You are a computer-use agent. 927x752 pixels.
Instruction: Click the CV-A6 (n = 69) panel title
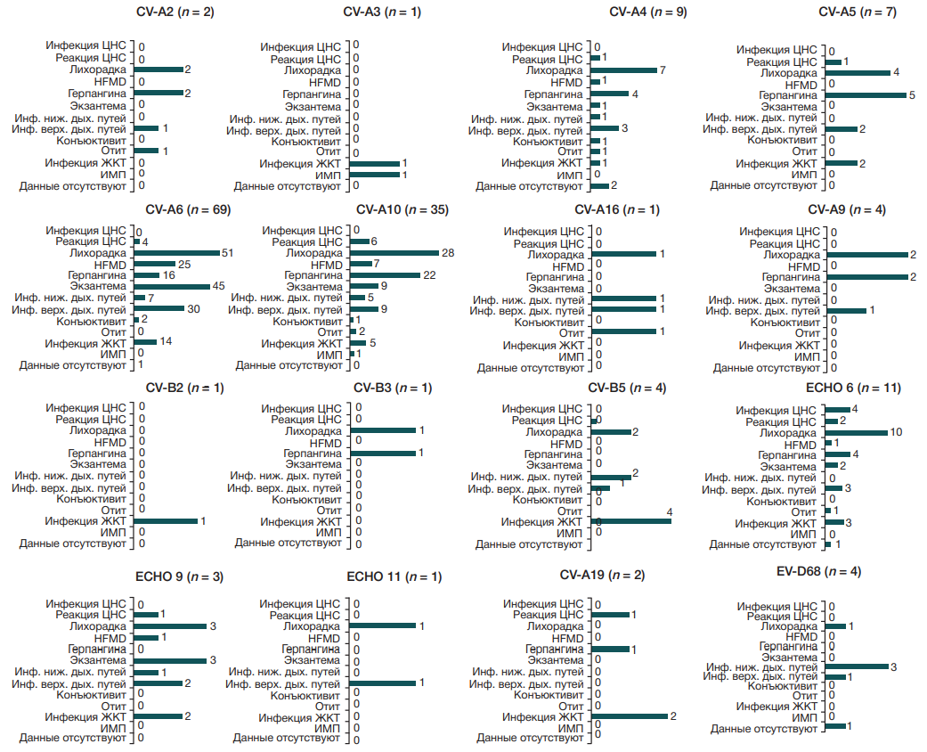click(x=184, y=210)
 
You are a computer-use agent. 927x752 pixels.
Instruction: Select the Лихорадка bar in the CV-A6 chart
click(x=176, y=253)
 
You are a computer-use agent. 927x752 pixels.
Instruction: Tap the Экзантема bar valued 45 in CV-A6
click(x=171, y=286)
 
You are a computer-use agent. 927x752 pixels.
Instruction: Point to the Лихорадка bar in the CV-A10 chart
click(x=394, y=253)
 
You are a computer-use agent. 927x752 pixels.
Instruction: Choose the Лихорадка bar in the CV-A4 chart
click(x=623, y=70)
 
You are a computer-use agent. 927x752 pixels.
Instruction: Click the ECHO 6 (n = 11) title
click(x=852, y=388)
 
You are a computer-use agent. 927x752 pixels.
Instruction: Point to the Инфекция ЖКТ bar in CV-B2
click(x=166, y=520)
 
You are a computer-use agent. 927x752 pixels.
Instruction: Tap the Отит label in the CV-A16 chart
click(x=570, y=333)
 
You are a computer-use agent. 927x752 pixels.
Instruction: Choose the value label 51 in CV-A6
click(x=228, y=253)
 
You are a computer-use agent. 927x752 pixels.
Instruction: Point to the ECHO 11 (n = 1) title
click(x=394, y=577)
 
